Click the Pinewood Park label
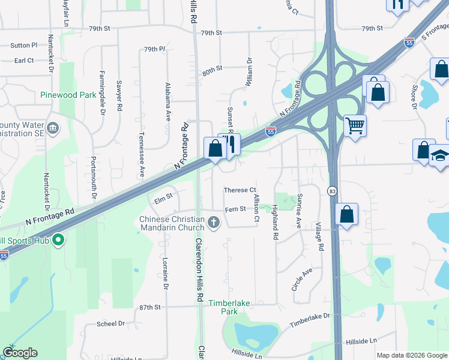click(68, 95)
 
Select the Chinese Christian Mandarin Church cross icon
click(213, 224)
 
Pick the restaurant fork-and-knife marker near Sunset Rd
click(230, 144)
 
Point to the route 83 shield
click(331, 190)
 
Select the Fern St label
click(235, 209)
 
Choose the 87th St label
click(149, 307)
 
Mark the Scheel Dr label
click(110, 323)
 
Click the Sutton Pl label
click(23, 45)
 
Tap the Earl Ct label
click(24, 61)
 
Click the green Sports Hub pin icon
click(58, 241)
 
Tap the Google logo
click(20, 353)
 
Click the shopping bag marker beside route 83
click(346, 214)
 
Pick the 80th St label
click(212, 71)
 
